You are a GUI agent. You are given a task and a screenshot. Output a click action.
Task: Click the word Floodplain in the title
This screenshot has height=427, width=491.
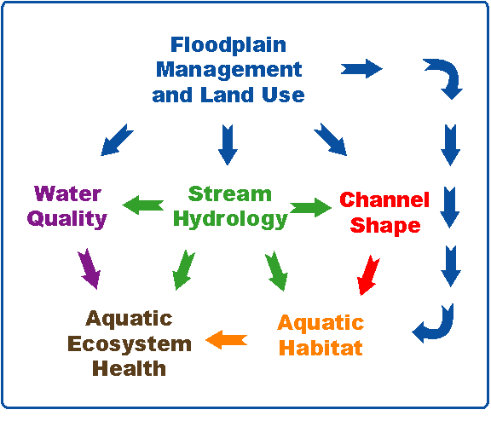[228, 46]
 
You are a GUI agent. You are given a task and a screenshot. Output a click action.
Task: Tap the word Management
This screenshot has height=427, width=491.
[229, 71]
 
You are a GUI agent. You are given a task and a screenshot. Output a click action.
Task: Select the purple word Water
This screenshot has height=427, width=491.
[67, 193]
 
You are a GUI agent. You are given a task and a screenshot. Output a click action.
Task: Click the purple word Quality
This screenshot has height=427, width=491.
[67, 219]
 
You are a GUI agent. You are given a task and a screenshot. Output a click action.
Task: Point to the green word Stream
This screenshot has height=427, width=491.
[230, 194]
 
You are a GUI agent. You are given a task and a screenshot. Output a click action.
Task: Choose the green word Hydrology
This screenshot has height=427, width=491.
[230, 219]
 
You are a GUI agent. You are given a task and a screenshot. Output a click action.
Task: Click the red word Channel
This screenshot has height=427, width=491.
[384, 199]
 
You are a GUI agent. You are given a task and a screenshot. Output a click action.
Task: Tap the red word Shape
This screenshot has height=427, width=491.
[385, 226]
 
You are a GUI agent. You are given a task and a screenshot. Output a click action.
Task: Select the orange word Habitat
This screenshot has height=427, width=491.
[321, 348]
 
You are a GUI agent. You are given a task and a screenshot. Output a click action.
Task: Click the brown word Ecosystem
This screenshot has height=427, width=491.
[130, 344]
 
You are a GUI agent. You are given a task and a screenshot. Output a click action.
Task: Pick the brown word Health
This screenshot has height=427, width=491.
[129, 368]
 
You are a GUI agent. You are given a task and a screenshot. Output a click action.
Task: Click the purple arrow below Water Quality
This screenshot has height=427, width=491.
[90, 269]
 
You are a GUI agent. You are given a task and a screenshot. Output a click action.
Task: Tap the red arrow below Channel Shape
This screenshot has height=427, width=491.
[368, 275]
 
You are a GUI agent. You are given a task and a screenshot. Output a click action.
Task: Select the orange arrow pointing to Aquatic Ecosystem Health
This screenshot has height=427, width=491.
[227, 340]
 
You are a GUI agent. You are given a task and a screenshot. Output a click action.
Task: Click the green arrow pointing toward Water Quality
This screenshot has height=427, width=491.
[143, 205]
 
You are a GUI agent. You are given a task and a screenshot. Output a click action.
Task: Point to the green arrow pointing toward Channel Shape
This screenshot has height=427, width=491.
[310, 207]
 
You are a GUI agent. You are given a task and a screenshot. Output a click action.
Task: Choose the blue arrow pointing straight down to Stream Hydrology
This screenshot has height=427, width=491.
[228, 145]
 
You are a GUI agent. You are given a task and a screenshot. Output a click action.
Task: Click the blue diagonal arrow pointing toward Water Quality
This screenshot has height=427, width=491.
[117, 140]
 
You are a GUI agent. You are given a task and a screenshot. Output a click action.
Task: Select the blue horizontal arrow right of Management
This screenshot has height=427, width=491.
[361, 68]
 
